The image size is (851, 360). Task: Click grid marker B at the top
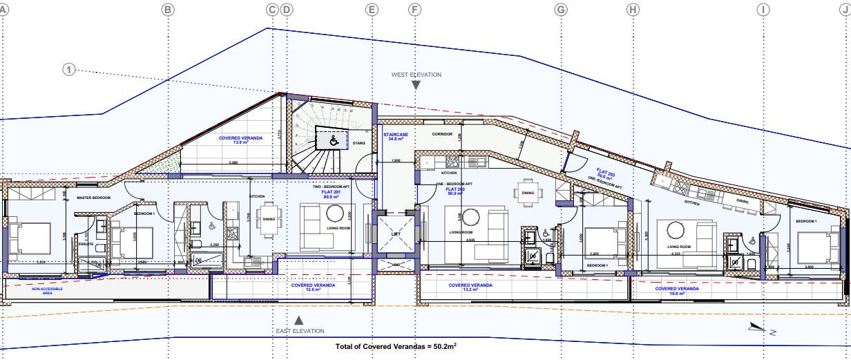point(167,10)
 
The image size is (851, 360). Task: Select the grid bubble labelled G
point(561,10)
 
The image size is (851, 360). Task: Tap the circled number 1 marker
point(68,69)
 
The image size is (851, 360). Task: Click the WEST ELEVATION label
point(416,75)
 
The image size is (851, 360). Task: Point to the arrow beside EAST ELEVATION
point(298,320)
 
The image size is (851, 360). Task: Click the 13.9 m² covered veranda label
point(240,140)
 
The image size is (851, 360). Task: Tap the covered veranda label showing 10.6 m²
point(676,291)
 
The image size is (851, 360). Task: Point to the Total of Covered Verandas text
point(396,346)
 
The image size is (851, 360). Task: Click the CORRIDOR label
point(441,133)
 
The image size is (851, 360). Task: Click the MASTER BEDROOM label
point(93,198)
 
